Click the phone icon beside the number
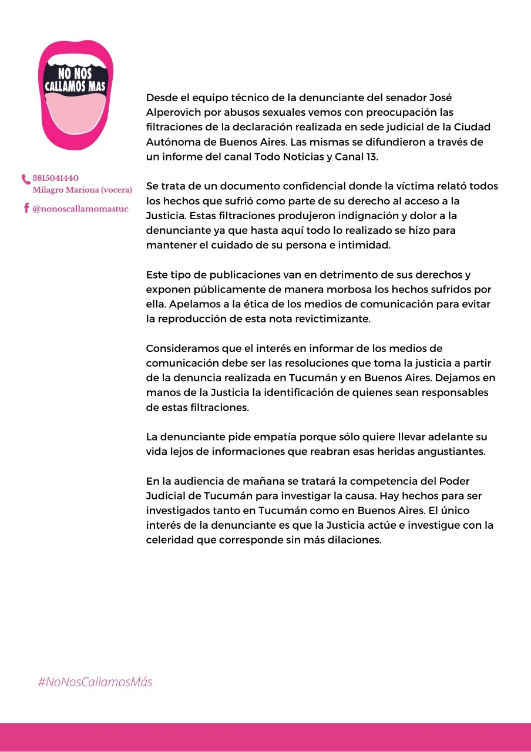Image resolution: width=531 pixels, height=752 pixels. [x=26, y=179]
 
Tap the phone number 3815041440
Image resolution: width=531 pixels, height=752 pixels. [x=56, y=178]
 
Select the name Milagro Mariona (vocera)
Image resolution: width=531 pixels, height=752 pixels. [x=82, y=190]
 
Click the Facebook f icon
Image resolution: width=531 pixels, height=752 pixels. [x=26, y=208]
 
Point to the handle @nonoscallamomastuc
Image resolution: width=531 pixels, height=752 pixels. [x=80, y=209]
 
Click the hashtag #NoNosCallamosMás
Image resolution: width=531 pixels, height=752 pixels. [x=95, y=682]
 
